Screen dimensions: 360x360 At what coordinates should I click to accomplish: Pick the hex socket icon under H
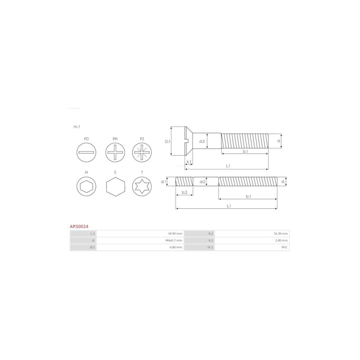[86, 186]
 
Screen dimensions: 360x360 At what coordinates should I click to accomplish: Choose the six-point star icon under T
[142, 186]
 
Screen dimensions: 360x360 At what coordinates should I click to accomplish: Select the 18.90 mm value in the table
[175, 234]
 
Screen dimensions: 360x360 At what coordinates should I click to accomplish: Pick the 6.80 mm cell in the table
[176, 247]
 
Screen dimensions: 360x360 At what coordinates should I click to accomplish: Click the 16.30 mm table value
[281, 234]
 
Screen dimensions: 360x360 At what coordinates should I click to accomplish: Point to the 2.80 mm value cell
[282, 241]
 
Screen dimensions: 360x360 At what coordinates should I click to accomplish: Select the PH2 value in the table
[284, 247]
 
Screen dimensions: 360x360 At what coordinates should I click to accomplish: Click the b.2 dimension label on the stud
[184, 193]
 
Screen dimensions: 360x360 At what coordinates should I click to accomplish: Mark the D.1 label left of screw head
[167, 141]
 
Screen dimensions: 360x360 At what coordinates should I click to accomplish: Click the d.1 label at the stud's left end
[164, 182]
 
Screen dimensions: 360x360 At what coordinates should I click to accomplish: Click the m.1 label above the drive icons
[76, 127]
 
